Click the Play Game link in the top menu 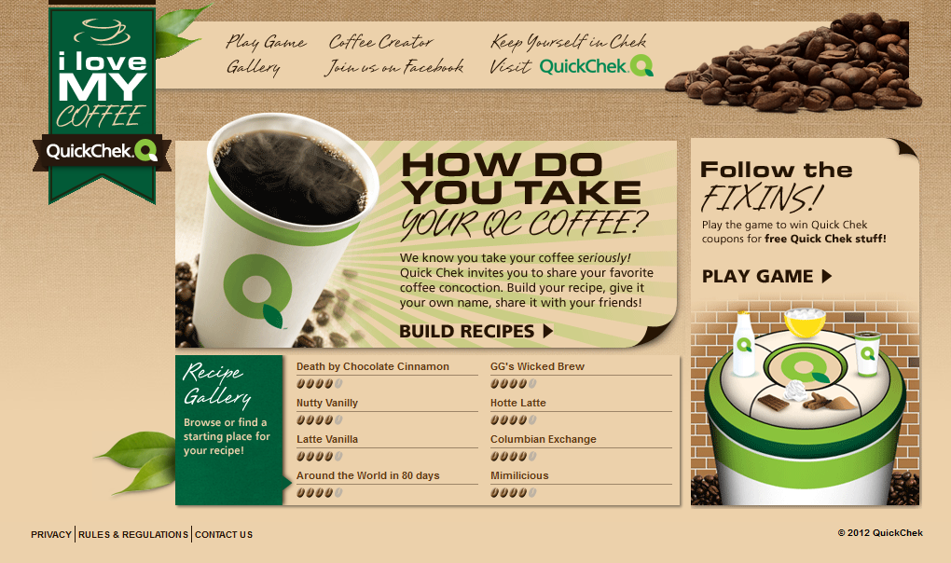266,42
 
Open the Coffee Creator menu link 381,42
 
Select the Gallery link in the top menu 254,67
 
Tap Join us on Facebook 394,67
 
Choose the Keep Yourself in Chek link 569,41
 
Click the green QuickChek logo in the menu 596,66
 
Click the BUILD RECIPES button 476,331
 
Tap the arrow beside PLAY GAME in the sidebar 827,276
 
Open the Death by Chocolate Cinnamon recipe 372,366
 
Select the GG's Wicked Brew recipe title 537,366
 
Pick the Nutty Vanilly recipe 327,403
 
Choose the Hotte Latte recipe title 518,403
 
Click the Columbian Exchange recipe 543,439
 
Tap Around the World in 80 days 367,475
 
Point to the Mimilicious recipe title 519,475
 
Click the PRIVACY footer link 51,534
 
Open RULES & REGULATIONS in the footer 132,534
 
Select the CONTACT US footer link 223,534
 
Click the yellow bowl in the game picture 805,322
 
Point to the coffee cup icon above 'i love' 102,32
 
